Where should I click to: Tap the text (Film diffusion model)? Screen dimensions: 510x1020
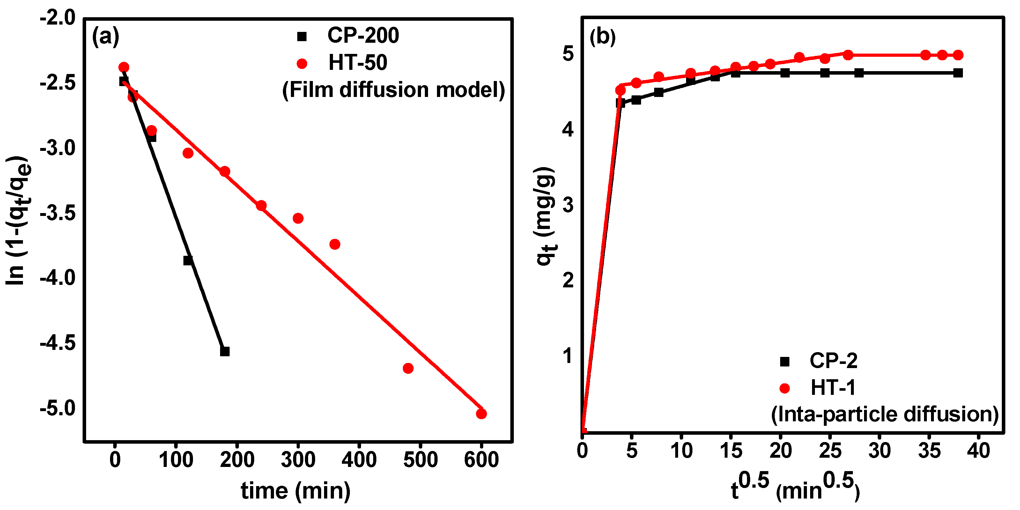pos(394,90)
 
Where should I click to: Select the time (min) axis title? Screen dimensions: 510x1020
pos(295,491)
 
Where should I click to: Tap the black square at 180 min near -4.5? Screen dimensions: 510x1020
pos(225,351)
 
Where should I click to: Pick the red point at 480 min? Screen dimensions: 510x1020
pos(408,369)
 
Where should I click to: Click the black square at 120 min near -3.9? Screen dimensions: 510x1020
pos(188,261)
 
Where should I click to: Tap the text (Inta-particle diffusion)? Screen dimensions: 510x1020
pos(884,414)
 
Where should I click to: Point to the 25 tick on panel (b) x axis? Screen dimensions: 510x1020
pos(830,451)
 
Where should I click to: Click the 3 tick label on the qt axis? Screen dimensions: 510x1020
pos(567,205)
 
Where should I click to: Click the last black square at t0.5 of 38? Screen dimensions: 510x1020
pos(958,73)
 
